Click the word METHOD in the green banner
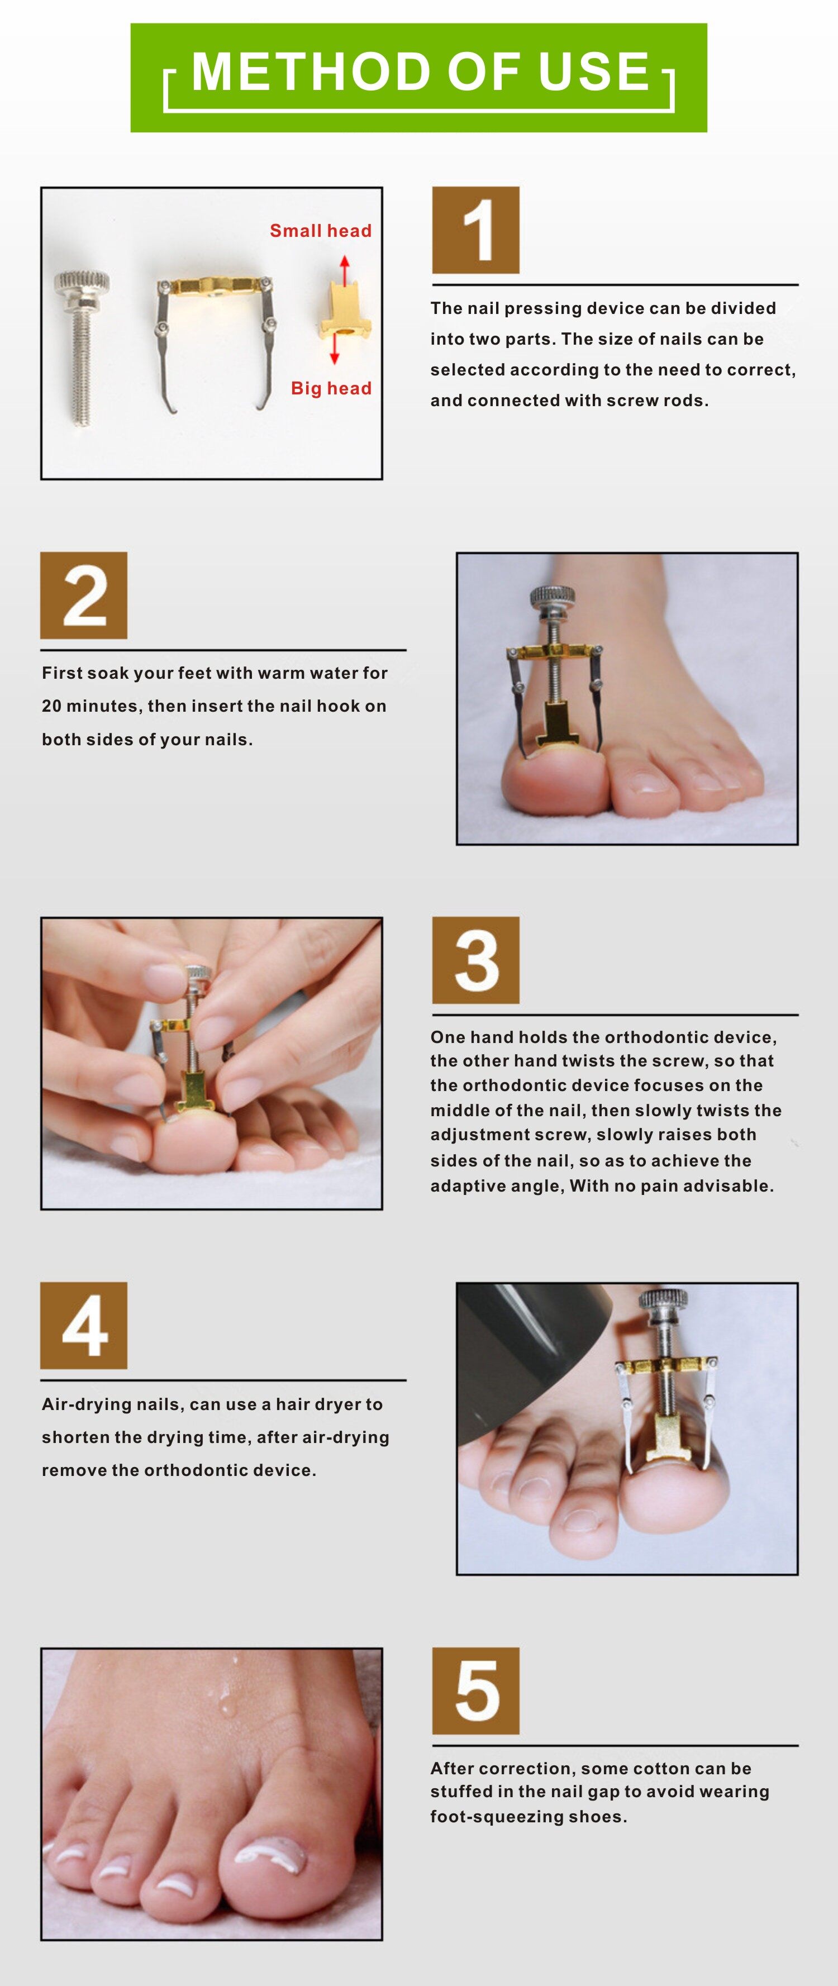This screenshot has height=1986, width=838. tap(313, 72)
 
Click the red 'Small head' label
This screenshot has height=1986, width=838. tap(321, 231)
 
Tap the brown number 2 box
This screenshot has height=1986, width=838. tap(84, 595)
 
